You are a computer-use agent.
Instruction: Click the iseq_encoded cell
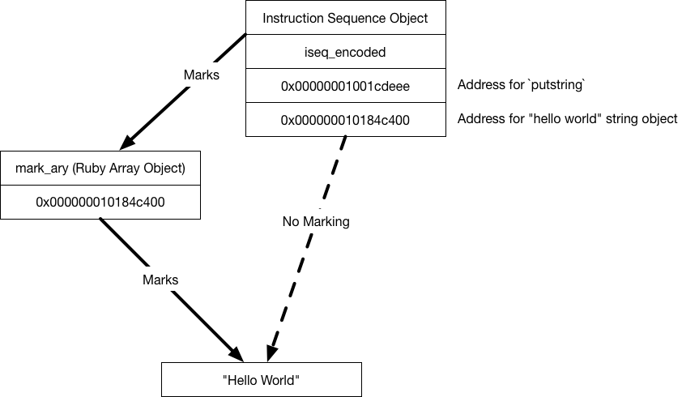pyautogui.click(x=345, y=52)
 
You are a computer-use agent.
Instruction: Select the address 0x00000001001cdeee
pyautogui.click(x=345, y=86)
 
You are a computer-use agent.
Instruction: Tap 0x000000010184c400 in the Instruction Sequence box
pyautogui.click(x=345, y=120)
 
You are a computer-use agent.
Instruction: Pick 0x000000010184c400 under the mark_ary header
pyautogui.click(x=100, y=203)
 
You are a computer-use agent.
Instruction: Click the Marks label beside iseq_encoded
pyautogui.click(x=202, y=75)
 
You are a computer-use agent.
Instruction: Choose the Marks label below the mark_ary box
pyautogui.click(x=160, y=280)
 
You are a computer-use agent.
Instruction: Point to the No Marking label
pyautogui.click(x=316, y=221)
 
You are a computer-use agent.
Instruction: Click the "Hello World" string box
pyautogui.click(x=261, y=380)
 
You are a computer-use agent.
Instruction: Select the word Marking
pyautogui.click(x=326, y=221)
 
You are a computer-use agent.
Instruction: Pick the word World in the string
pyautogui.click(x=279, y=380)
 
